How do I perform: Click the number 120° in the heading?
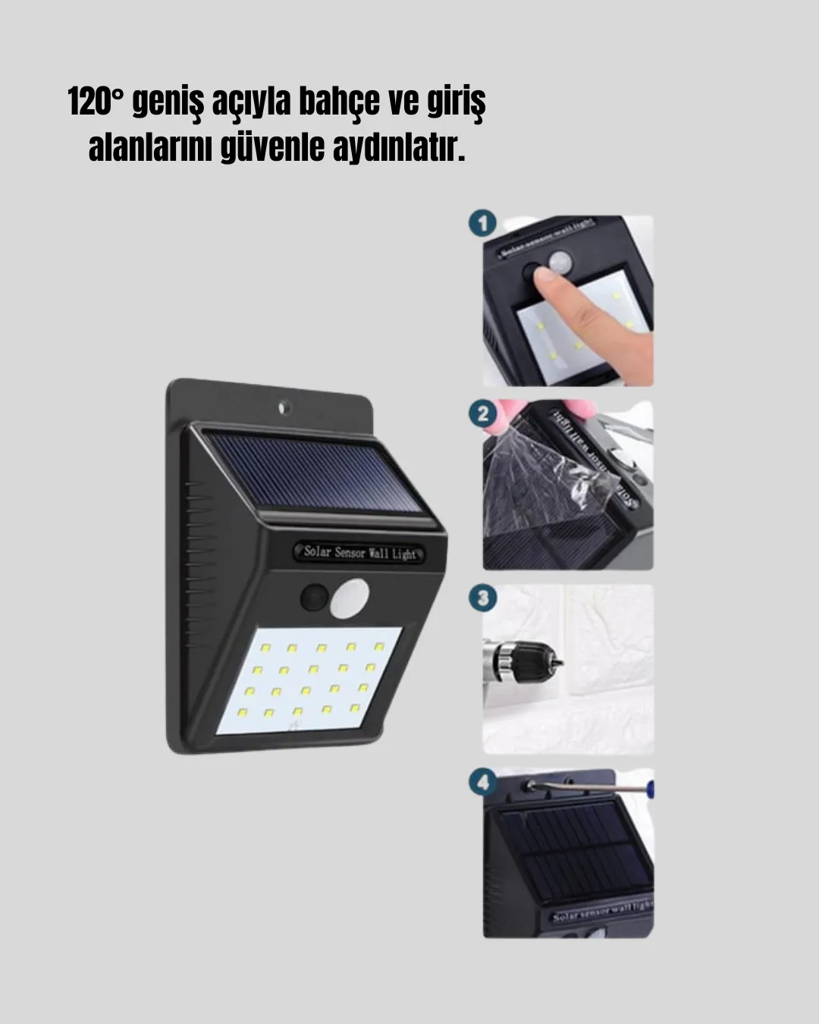point(96,102)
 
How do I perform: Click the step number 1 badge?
point(483,223)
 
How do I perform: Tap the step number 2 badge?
point(483,414)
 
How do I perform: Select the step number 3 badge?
point(483,598)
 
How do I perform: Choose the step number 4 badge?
point(483,781)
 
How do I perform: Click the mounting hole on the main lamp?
point(284,407)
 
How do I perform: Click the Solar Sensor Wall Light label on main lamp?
point(360,552)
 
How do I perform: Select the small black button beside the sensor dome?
point(314,598)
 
